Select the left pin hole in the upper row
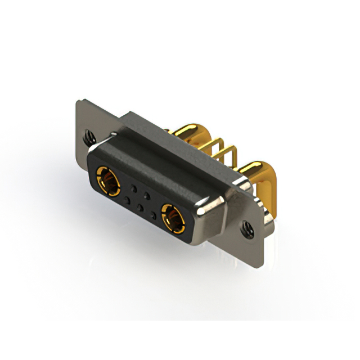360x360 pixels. click(x=133, y=187)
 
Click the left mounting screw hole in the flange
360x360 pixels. click(x=88, y=135)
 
